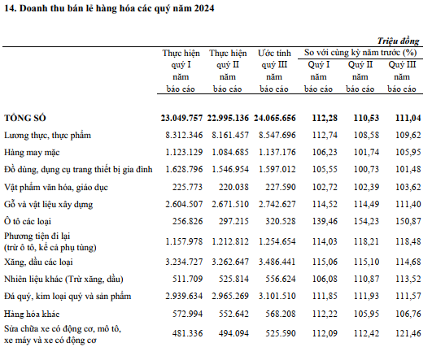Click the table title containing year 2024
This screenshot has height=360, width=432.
(109, 8)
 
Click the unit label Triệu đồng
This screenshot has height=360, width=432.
(399, 41)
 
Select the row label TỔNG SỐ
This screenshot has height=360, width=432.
(25, 118)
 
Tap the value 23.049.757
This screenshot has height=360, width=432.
(182, 118)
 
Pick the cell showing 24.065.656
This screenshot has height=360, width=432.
(275, 118)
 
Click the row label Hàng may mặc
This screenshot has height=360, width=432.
(32, 152)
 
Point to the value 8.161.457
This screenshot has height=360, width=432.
(230, 135)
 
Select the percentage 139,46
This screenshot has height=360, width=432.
(325, 221)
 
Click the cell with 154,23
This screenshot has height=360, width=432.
(366, 221)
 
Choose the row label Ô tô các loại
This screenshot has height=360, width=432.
(28, 221)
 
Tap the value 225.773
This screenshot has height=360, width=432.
(188, 187)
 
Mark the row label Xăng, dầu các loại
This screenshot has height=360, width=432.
(38, 262)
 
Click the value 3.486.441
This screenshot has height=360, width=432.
(277, 262)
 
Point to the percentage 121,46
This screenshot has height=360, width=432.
(408, 333)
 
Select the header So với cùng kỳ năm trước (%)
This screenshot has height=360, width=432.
(360, 52)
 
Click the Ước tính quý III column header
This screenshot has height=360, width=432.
(274, 71)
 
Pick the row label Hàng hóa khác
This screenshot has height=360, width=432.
(32, 314)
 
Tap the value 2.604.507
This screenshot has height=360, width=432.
(184, 204)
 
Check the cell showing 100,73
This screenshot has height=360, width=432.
(366, 169)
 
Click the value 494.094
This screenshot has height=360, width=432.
(234, 333)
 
